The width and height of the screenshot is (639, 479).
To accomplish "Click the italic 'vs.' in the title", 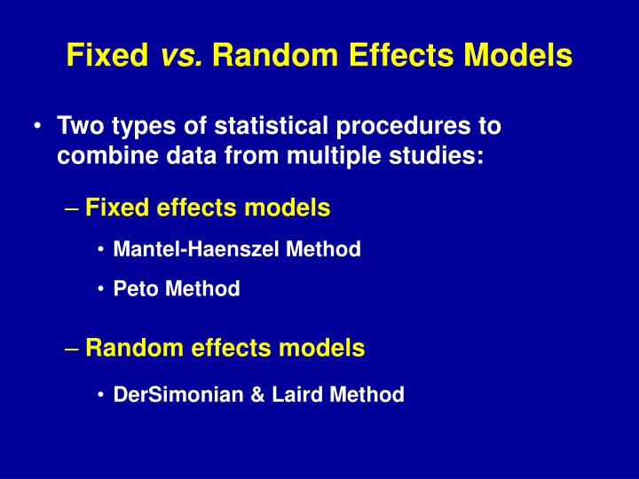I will click(183, 56).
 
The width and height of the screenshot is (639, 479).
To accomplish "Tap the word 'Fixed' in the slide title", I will click(106, 56).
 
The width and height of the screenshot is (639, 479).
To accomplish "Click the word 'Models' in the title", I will click(517, 56).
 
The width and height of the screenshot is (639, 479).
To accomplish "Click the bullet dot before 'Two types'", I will click(36, 127).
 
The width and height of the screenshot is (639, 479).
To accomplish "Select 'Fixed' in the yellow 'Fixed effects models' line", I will click(117, 208).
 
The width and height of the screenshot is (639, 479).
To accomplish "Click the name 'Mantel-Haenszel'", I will click(199, 250).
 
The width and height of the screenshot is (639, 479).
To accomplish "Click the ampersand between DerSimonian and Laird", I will click(258, 395).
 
